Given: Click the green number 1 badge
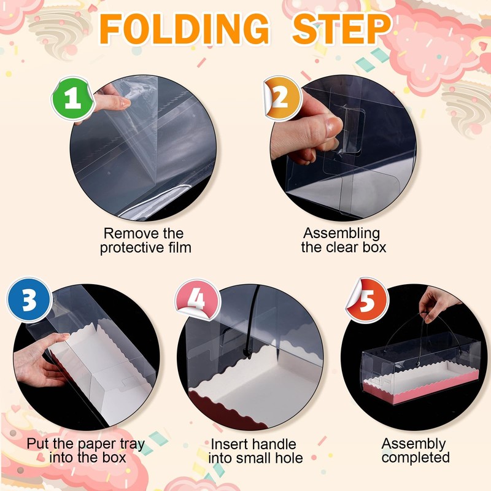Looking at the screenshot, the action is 72,99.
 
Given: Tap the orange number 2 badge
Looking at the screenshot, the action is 282,98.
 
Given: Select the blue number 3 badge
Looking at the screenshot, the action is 29,300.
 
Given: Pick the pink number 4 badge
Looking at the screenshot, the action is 197,300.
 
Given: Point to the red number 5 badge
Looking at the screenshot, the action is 368,300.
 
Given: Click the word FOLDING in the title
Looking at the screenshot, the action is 184,29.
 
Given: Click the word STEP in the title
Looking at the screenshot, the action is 341,29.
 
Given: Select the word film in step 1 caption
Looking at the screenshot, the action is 179,247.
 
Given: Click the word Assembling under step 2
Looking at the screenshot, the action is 341,234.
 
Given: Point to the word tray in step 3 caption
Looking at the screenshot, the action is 133,444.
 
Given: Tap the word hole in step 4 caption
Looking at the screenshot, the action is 289,458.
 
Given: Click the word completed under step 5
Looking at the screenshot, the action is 416,457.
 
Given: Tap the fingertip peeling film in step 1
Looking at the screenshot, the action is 124,102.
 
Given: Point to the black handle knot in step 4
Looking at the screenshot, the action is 247,354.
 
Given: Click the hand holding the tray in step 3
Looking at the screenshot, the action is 41,360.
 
